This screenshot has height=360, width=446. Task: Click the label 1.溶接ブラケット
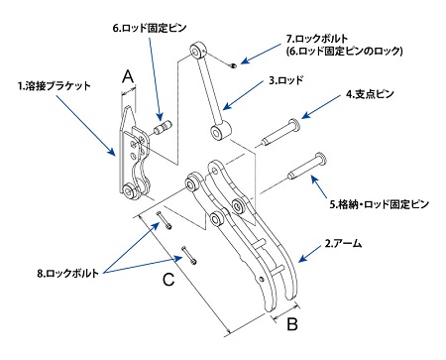coord(55,86)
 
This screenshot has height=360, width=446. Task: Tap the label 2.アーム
coord(344,244)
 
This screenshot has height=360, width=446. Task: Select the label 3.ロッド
coord(286,80)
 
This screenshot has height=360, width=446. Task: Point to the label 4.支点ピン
coord(370,94)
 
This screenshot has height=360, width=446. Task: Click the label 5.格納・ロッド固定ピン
coord(380,204)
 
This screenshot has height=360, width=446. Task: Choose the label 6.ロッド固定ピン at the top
coord(150,28)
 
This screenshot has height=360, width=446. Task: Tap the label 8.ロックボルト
coord(67,274)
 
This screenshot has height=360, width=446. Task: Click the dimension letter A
coord(128,77)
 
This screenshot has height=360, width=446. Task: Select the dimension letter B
coord(292,324)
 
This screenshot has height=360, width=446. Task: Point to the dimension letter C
coord(168,280)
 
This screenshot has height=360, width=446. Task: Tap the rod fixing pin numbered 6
coord(163,127)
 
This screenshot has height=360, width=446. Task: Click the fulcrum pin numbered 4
coord(281,133)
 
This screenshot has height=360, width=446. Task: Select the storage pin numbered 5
coord(307,166)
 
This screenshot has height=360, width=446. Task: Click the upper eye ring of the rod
coord(198,51)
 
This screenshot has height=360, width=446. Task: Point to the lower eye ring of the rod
coord(219,132)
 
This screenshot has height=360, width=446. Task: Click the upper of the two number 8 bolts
coord(164,220)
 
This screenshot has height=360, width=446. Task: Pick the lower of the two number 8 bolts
coord(189,255)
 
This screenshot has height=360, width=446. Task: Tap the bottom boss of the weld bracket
coord(131,191)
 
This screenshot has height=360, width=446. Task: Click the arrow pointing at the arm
coord(310,254)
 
